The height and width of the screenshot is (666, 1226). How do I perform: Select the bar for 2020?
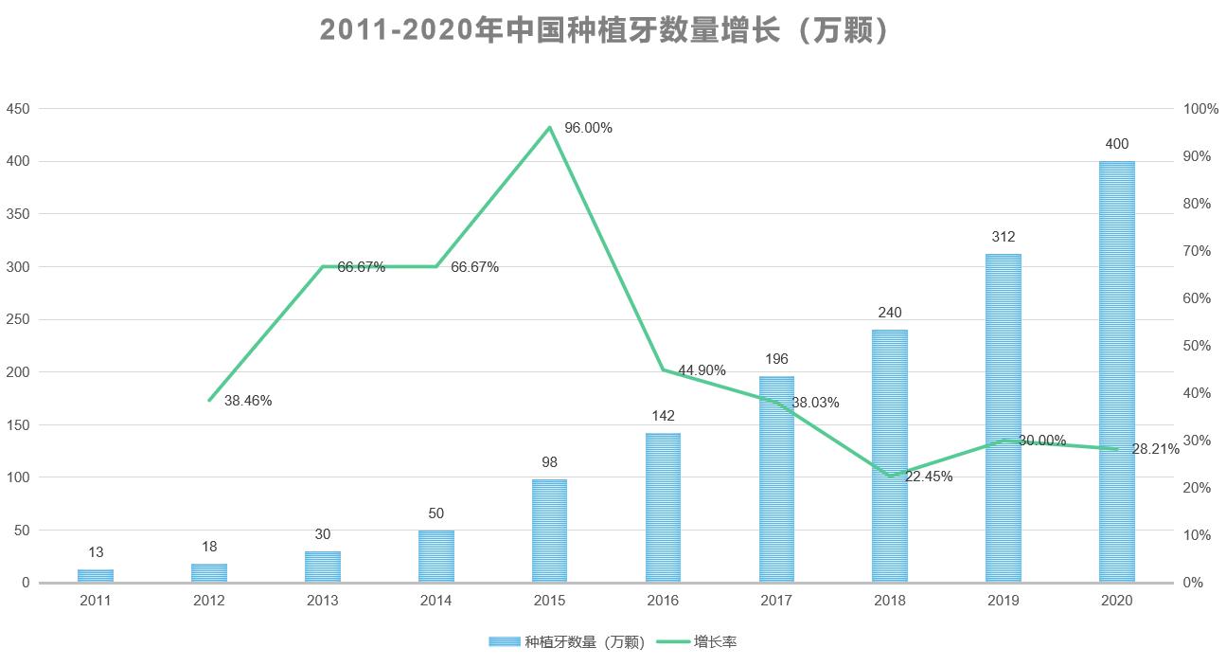click(1116, 371)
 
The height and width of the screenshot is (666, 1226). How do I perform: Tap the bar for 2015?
click(549, 531)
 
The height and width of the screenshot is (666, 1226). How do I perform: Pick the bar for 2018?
click(889, 456)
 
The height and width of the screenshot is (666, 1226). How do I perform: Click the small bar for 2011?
click(96, 576)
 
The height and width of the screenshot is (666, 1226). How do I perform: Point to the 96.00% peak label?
click(588, 128)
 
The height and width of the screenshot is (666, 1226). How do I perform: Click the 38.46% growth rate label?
click(248, 401)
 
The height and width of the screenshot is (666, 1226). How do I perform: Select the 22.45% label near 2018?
click(928, 477)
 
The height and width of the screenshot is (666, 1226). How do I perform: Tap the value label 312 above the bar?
click(1003, 237)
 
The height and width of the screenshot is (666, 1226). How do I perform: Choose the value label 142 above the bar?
click(663, 416)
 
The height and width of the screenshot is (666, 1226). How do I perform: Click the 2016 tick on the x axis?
click(663, 601)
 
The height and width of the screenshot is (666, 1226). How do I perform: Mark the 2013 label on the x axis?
click(323, 601)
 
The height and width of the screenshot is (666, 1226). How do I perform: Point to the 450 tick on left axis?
click(19, 109)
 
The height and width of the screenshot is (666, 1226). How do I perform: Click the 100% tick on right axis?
click(1201, 109)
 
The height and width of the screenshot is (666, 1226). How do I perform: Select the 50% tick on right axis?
click(1198, 346)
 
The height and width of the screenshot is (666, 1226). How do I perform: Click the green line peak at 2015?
click(549, 127)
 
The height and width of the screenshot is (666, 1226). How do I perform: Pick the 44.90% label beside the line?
click(702, 370)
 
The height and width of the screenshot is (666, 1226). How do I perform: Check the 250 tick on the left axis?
click(19, 319)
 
